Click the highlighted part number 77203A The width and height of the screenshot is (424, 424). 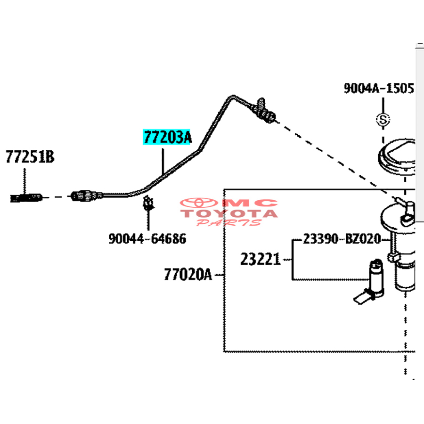(168, 137)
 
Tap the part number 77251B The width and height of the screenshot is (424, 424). (30, 157)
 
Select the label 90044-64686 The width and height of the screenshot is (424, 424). (147, 239)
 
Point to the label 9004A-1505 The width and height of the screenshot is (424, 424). (379, 89)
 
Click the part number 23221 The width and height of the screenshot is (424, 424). (260, 259)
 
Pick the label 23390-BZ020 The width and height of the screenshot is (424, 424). (341, 239)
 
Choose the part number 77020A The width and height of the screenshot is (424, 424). (188, 274)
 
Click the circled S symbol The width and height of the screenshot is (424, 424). (383, 120)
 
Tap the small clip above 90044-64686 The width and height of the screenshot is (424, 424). (148, 203)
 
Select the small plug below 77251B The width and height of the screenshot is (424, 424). (27, 197)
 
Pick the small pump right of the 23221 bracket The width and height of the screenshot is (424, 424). (372, 280)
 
